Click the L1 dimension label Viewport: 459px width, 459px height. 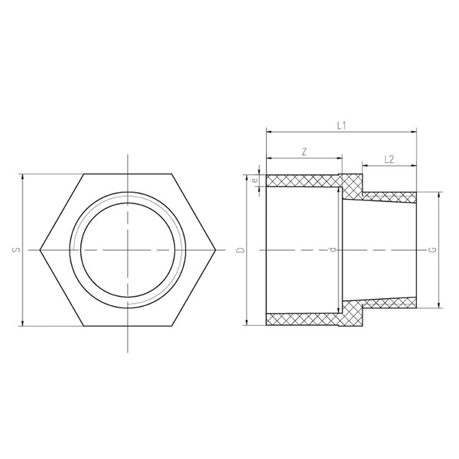[x=341, y=125]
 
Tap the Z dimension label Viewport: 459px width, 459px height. [x=304, y=152]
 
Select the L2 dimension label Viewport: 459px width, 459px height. [x=389, y=159]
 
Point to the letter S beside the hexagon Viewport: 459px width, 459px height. [x=17, y=249]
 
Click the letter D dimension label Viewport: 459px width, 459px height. [x=240, y=249]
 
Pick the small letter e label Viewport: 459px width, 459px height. [x=256, y=181]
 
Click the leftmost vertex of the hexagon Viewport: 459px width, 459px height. [x=40, y=249]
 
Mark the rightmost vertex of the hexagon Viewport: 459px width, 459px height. [x=216, y=249]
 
